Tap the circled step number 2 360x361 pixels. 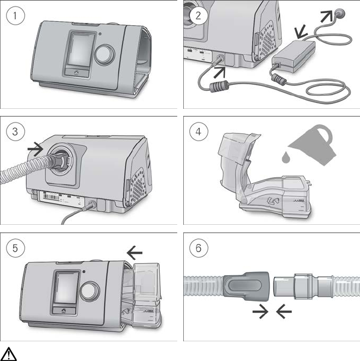click(199, 16)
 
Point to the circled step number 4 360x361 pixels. click(199, 132)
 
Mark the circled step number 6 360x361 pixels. click(199, 248)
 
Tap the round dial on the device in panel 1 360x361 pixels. click(103, 54)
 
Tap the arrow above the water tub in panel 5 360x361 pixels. click(134, 252)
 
